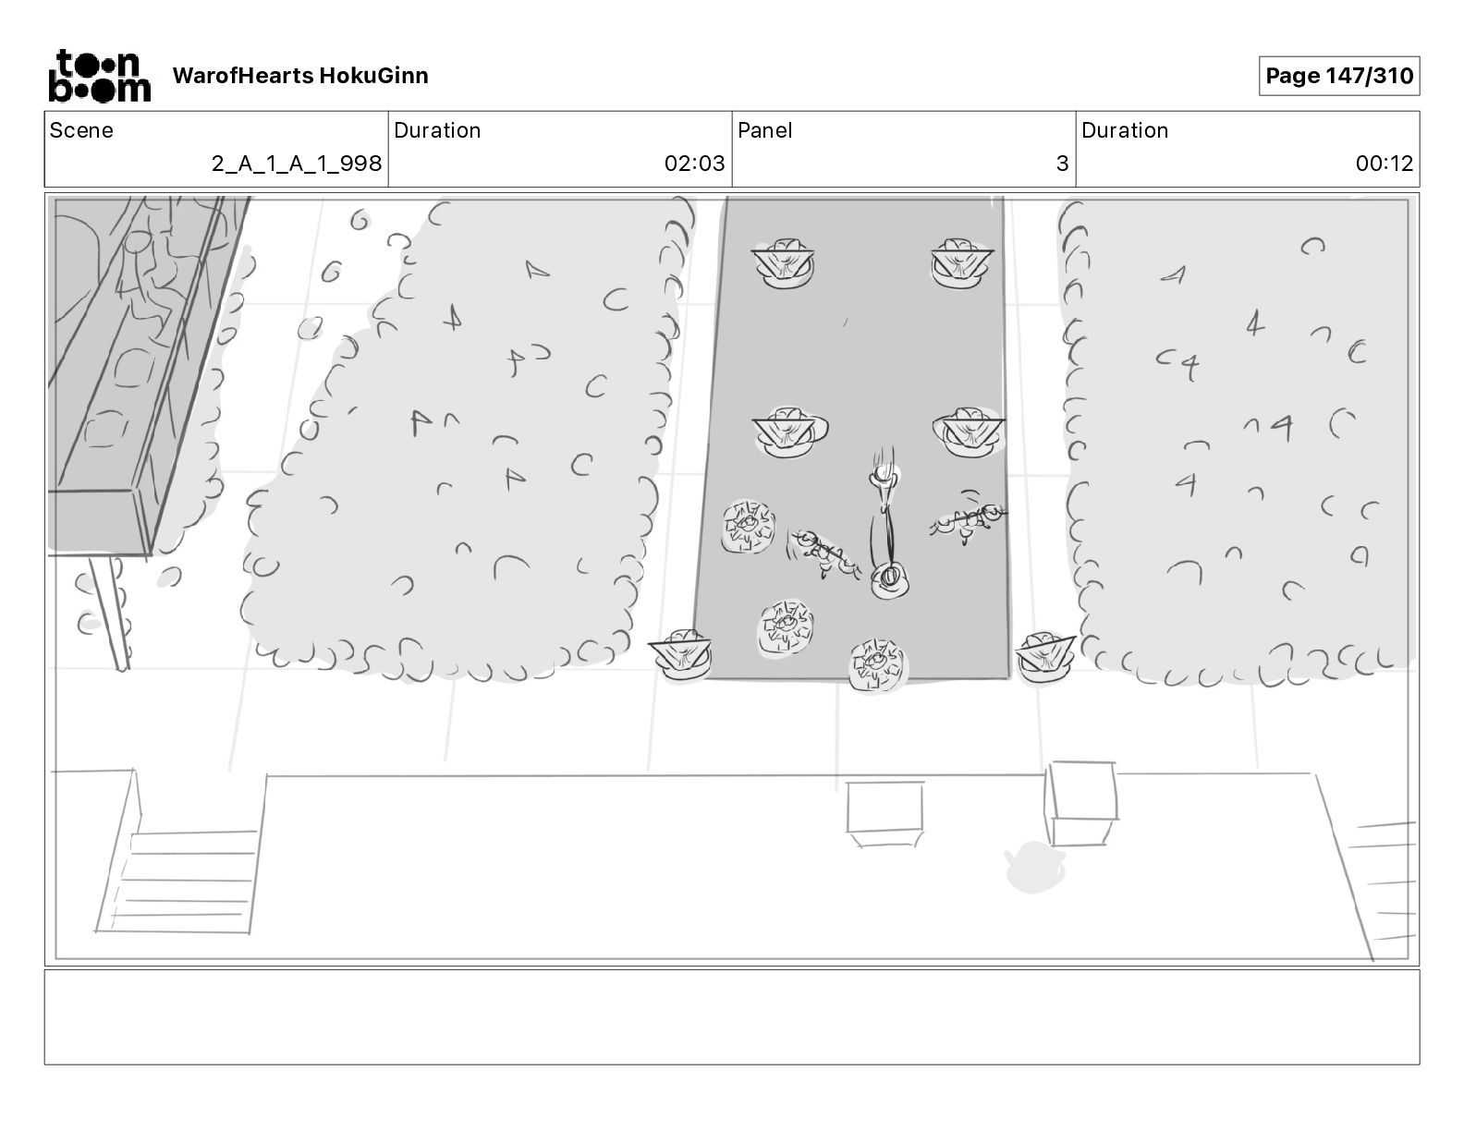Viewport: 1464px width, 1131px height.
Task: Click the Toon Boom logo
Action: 99,76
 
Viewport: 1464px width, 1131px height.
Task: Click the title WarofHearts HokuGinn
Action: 300,76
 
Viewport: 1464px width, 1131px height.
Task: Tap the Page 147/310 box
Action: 1338,76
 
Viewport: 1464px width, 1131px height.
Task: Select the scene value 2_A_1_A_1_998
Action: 296,164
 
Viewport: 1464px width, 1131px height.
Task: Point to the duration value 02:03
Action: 694,164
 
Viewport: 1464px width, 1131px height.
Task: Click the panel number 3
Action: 1062,164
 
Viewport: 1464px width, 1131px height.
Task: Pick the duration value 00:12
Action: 1384,164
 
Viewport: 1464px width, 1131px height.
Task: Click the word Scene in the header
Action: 81,130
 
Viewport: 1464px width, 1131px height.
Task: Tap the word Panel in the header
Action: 764,130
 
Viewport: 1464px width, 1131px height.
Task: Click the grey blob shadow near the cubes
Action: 1034,867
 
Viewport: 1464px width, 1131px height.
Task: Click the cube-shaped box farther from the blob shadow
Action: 885,812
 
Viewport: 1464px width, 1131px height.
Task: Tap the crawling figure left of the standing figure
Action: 823,553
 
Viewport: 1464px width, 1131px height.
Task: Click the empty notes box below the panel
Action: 731,1016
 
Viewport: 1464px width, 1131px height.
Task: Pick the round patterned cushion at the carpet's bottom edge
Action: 877,663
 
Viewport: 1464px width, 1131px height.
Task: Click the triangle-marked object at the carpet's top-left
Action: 784,261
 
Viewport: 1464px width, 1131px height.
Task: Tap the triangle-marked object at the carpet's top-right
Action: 961,261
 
